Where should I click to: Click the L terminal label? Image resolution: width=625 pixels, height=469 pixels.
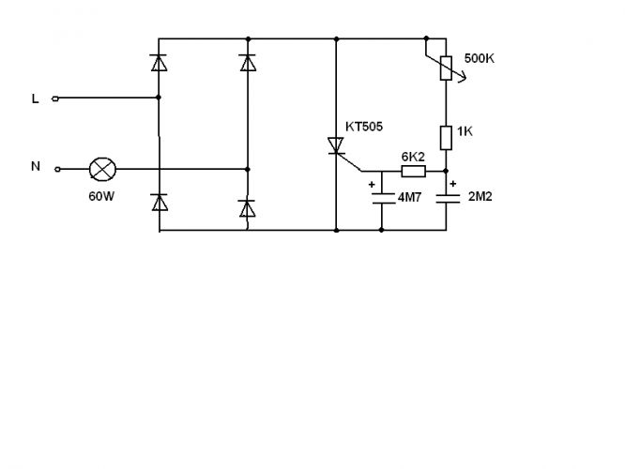pos(35,98)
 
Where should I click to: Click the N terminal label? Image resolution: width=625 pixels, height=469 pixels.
pos(36,166)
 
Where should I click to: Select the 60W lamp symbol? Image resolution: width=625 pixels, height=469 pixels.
pos(102,170)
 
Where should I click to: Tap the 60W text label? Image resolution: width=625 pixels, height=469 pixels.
pos(101,196)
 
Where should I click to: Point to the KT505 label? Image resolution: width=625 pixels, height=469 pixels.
pos(364,127)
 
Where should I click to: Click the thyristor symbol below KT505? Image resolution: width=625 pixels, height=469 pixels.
pos(336,145)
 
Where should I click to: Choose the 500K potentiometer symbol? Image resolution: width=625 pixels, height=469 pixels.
pos(446,68)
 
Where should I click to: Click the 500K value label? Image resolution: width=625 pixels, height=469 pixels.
pos(480,58)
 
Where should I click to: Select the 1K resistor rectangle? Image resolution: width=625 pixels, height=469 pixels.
pos(446,138)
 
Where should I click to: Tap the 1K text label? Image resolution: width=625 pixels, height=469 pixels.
pos(465,131)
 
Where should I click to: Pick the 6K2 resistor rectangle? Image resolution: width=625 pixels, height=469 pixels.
pos(413,172)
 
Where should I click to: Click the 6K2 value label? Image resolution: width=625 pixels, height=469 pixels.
pos(413,157)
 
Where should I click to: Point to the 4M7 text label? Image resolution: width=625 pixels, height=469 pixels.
pos(409,197)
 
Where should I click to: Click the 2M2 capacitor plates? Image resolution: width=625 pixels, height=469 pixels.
pos(447,199)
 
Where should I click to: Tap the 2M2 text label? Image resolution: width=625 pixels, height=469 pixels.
pos(480,196)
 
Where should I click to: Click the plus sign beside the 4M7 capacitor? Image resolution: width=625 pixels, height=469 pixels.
pos(372,185)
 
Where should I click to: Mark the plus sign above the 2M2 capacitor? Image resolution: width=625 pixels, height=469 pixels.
pos(453,184)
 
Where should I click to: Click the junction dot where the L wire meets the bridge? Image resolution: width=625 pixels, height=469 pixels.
pos(159,98)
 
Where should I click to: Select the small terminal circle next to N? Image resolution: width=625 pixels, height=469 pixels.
pos(57,170)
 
